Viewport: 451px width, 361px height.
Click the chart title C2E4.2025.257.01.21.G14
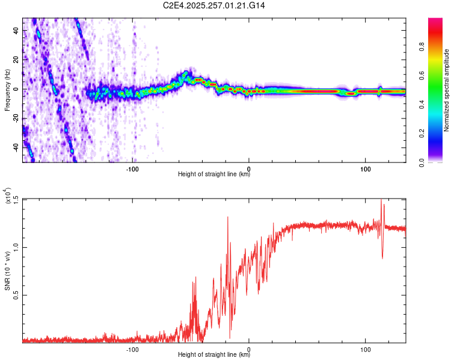(214, 5)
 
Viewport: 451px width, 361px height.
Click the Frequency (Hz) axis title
(7, 90)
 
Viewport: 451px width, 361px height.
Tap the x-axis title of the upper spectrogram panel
(214, 174)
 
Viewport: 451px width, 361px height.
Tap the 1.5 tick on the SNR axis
(16, 199)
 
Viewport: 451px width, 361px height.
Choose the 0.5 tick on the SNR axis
(16, 295)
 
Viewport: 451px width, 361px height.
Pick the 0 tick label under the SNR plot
(249, 348)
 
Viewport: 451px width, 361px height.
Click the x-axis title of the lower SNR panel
(214, 355)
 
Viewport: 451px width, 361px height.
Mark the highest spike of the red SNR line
(381, 200)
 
